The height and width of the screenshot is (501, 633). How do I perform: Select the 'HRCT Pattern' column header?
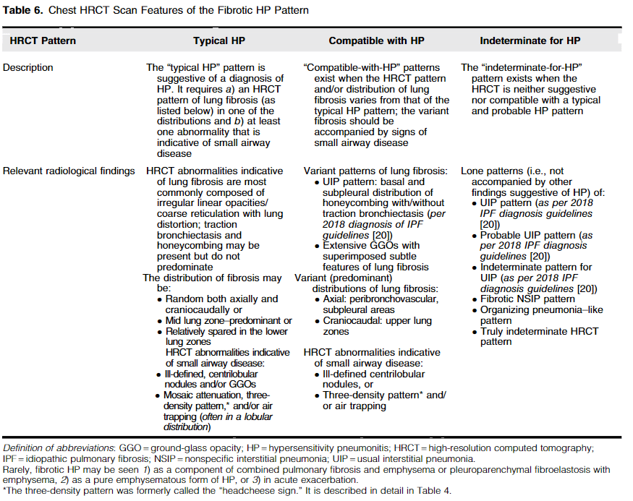pyautogui.click(x=43, y=41)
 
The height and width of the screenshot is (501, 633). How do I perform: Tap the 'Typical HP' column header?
pyautogui.click(x=219, y=41)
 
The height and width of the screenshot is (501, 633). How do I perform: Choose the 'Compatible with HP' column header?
pyautogui.click(x=376, y=41)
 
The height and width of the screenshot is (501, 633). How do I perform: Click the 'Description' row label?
pyautogui.click(x=28, y=68)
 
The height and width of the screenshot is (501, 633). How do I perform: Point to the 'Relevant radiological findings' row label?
pyautogui.click(x=69, y=171)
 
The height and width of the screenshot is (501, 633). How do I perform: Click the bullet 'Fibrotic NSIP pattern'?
pyautogui.click(x=527, y=299)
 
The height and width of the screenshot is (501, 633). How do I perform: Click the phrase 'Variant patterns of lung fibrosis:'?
pyautogui.click(x=375, y=171)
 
